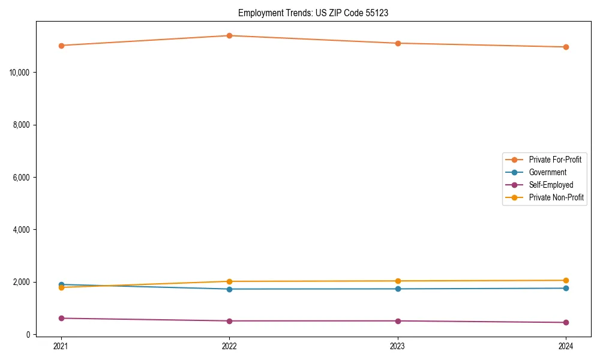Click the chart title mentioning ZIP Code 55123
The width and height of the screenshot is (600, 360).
coord(313,13)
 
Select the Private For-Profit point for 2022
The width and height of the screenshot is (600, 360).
coord(229,35)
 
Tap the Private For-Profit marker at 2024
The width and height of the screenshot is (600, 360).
coord(566,47)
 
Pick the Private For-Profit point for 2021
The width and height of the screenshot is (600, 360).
coord(61,46)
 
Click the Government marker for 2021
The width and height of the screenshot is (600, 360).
coord(61,284)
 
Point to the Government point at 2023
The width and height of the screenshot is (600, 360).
coord(398,289)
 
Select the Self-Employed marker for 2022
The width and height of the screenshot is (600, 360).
coord(229,321)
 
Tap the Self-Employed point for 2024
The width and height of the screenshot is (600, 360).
coord(566,322)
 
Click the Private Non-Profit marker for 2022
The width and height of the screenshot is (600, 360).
coord(229,281)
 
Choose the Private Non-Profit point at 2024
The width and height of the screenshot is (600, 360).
coord(566,280)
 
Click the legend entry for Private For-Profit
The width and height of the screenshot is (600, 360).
coord(555,160)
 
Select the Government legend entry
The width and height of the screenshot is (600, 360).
coord(547,172)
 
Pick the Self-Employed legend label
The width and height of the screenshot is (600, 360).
coord(551,185)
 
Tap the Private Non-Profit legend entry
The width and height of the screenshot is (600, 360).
coord(556,197)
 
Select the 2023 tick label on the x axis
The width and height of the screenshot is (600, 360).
coord(398,346)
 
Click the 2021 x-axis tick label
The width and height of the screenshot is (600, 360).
coord(61,346)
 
